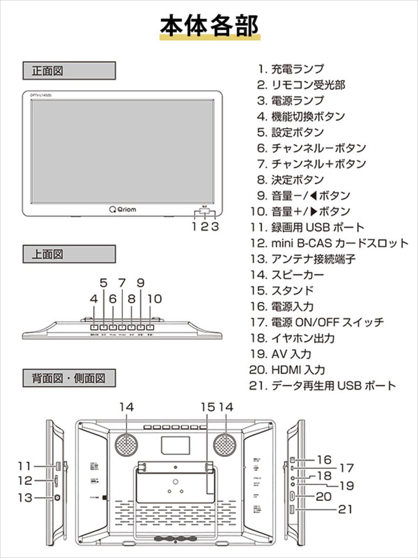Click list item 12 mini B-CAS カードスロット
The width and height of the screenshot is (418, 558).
[329, 243]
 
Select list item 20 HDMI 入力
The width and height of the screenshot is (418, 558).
[287, 370]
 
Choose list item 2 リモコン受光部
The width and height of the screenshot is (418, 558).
[301, 85]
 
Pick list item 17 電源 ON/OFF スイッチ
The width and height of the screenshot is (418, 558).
[317, 322]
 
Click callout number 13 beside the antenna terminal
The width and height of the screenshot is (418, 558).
[25, 497]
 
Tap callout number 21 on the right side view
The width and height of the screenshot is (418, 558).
[345, 509]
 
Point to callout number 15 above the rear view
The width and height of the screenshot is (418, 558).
[208, 407]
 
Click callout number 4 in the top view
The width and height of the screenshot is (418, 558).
[94, 299]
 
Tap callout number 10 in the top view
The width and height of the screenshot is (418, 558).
[155, 299]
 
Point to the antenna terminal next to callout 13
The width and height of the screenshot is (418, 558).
[57, 498]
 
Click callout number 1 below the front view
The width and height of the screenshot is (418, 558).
[194, 226]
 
